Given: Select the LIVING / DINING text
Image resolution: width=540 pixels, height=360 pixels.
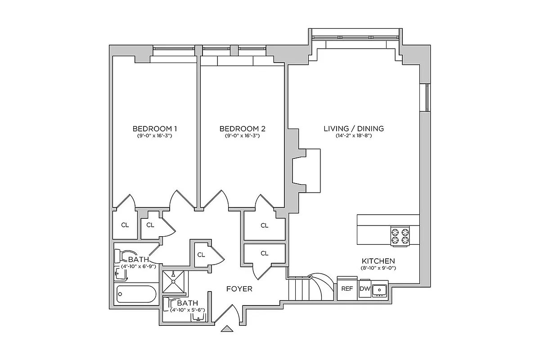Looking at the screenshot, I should point(354,129).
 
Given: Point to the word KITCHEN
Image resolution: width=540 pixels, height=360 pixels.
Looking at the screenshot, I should point(378,261).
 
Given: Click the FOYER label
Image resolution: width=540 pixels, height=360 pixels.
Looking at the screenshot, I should point(239,289).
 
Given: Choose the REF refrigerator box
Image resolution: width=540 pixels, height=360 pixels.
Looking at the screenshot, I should point(347,289).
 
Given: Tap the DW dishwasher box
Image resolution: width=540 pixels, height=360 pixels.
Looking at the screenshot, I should point(364,289).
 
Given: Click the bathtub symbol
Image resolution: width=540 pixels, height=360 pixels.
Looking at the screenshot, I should point(136,295).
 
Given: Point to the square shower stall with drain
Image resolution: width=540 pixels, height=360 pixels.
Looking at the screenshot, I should point(173,282).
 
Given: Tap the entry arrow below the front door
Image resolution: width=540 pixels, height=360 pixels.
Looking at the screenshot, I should point(228,329).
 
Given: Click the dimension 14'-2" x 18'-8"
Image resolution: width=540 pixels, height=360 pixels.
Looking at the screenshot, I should point(354,135).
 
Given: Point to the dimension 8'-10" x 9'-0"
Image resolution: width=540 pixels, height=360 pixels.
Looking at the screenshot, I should point(378,268).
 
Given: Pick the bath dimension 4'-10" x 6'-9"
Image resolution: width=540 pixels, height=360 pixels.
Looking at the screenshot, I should point(139,266).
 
